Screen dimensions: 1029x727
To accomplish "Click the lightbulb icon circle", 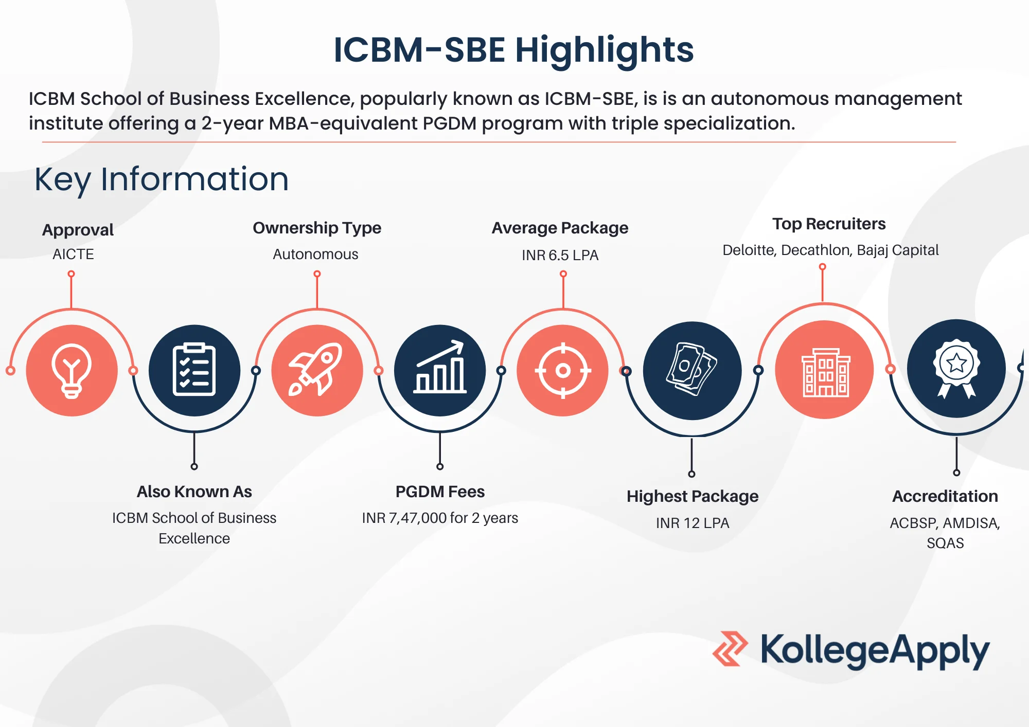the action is (x=72, y=370).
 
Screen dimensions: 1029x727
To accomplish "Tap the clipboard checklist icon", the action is (x=194, y=370).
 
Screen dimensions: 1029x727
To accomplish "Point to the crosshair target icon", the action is (x=563, y=370).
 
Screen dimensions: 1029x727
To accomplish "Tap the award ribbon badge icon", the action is (x=956, y=368).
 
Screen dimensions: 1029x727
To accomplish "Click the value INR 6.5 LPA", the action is (x=560, y=255).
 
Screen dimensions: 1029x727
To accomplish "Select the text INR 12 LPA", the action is (x=693, y=523).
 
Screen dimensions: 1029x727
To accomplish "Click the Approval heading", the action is (x=78, y=230).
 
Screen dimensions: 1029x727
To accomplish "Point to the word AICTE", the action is (x=73, y=254).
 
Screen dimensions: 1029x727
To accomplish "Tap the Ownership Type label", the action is (x=317, y=228).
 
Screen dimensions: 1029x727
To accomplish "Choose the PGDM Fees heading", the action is (x=440, y=492).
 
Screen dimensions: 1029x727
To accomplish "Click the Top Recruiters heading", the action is (x=829, y=224).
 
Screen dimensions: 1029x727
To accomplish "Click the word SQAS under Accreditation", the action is (x=945, y=543).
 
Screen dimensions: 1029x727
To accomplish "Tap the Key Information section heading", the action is (x=162, y=179).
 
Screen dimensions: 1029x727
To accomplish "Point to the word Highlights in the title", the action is (x=605, y=51).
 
